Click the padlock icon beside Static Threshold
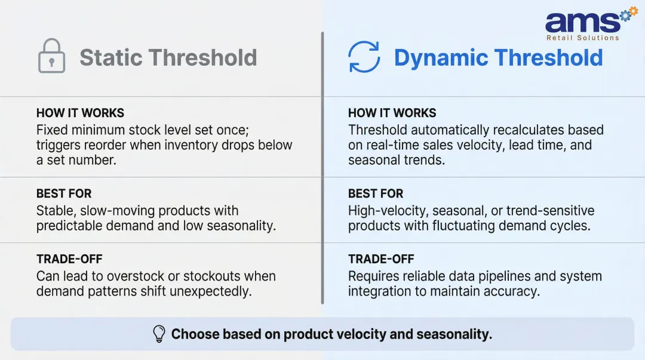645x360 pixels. (51, 57)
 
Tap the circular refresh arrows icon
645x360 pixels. (364, 57)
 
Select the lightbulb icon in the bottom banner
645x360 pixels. (159, 334)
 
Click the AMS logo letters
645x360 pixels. (582, 23)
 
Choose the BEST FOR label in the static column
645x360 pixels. (64, 193)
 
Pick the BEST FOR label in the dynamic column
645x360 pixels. (376, 193)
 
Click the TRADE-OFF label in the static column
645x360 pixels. (69, 259)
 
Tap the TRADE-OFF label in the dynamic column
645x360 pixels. (381, 259)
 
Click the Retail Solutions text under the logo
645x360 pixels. (582, 38)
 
